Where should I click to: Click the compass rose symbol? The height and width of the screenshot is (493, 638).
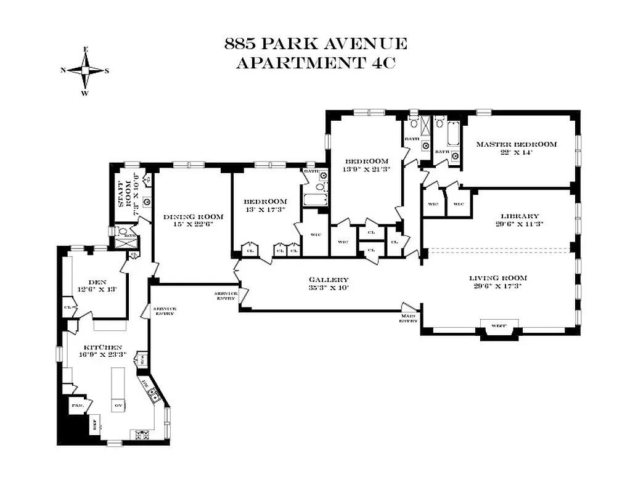point(85,71)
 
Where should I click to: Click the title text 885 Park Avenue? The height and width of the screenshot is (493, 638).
point(315,44)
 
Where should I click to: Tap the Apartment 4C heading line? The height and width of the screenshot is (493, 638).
point(315,63)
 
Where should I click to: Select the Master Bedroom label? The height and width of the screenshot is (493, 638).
point(516,145)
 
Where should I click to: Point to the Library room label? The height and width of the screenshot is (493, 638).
point(520,216)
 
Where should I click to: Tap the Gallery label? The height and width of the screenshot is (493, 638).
point(329,279)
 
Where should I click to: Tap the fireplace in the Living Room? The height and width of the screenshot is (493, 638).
point(499,328)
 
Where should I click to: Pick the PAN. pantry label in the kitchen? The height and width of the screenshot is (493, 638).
point(78,405)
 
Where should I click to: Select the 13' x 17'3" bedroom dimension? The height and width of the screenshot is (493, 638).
point(265,210)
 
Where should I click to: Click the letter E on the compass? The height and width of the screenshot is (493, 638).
point(85,49)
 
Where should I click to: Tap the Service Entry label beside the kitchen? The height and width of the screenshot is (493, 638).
point(165,311)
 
